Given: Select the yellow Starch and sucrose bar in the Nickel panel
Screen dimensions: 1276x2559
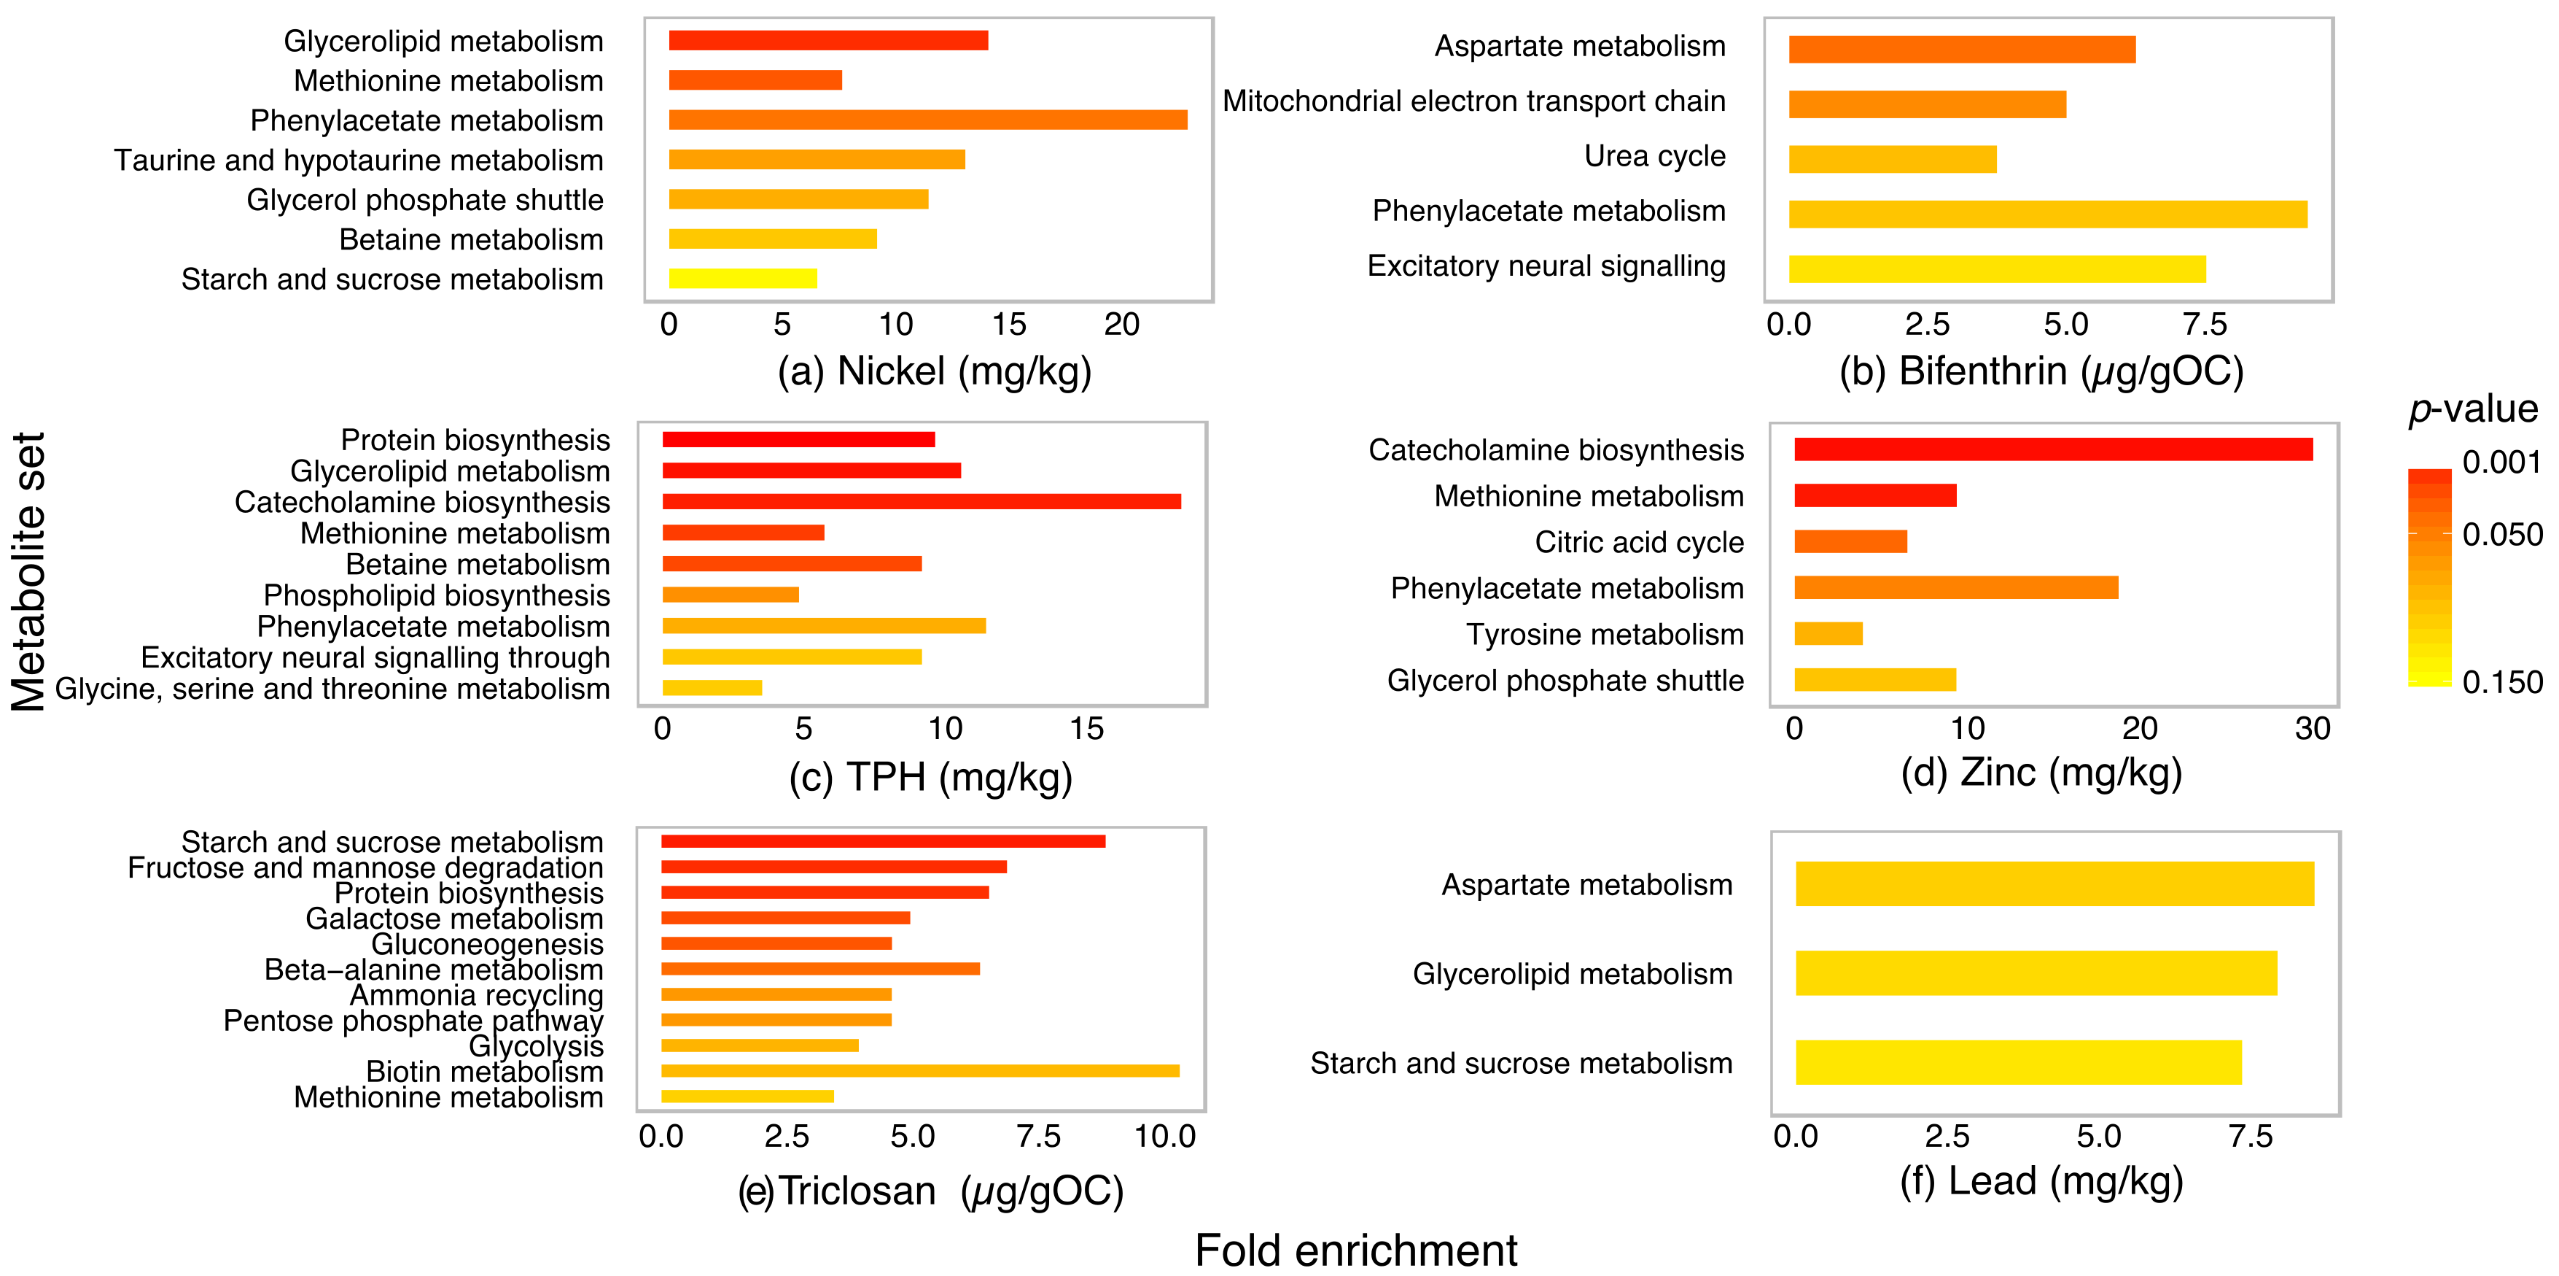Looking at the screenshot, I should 743,278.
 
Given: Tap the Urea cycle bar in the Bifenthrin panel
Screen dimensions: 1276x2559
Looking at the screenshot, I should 1893,159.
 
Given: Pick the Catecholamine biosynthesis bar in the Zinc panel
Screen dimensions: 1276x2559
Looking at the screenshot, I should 2053,449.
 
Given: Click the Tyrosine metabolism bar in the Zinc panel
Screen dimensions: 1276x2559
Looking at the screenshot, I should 1828,634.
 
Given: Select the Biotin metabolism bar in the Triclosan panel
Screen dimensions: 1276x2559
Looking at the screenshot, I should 920,1071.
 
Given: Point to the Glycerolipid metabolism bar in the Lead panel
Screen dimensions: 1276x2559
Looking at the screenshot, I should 2036,973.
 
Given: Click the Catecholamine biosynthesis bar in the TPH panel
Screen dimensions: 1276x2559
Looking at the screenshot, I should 922,502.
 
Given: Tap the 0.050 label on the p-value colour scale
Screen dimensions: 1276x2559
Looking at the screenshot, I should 2502,535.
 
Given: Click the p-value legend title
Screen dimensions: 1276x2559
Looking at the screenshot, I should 2472,409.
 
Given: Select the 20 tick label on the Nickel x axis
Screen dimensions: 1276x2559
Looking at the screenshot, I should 1121,325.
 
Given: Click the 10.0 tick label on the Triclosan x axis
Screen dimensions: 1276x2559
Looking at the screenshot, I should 1165,1136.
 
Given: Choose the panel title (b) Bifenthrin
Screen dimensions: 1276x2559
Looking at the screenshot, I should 2041,371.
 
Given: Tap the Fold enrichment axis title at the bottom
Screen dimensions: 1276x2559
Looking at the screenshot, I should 1356,1250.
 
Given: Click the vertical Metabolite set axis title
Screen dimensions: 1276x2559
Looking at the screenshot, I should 30,571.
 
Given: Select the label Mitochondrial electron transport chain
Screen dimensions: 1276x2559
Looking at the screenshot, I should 1473,101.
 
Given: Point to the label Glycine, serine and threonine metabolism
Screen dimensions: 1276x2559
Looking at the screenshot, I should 332,689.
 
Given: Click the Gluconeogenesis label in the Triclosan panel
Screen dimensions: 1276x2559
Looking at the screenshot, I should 487,944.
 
